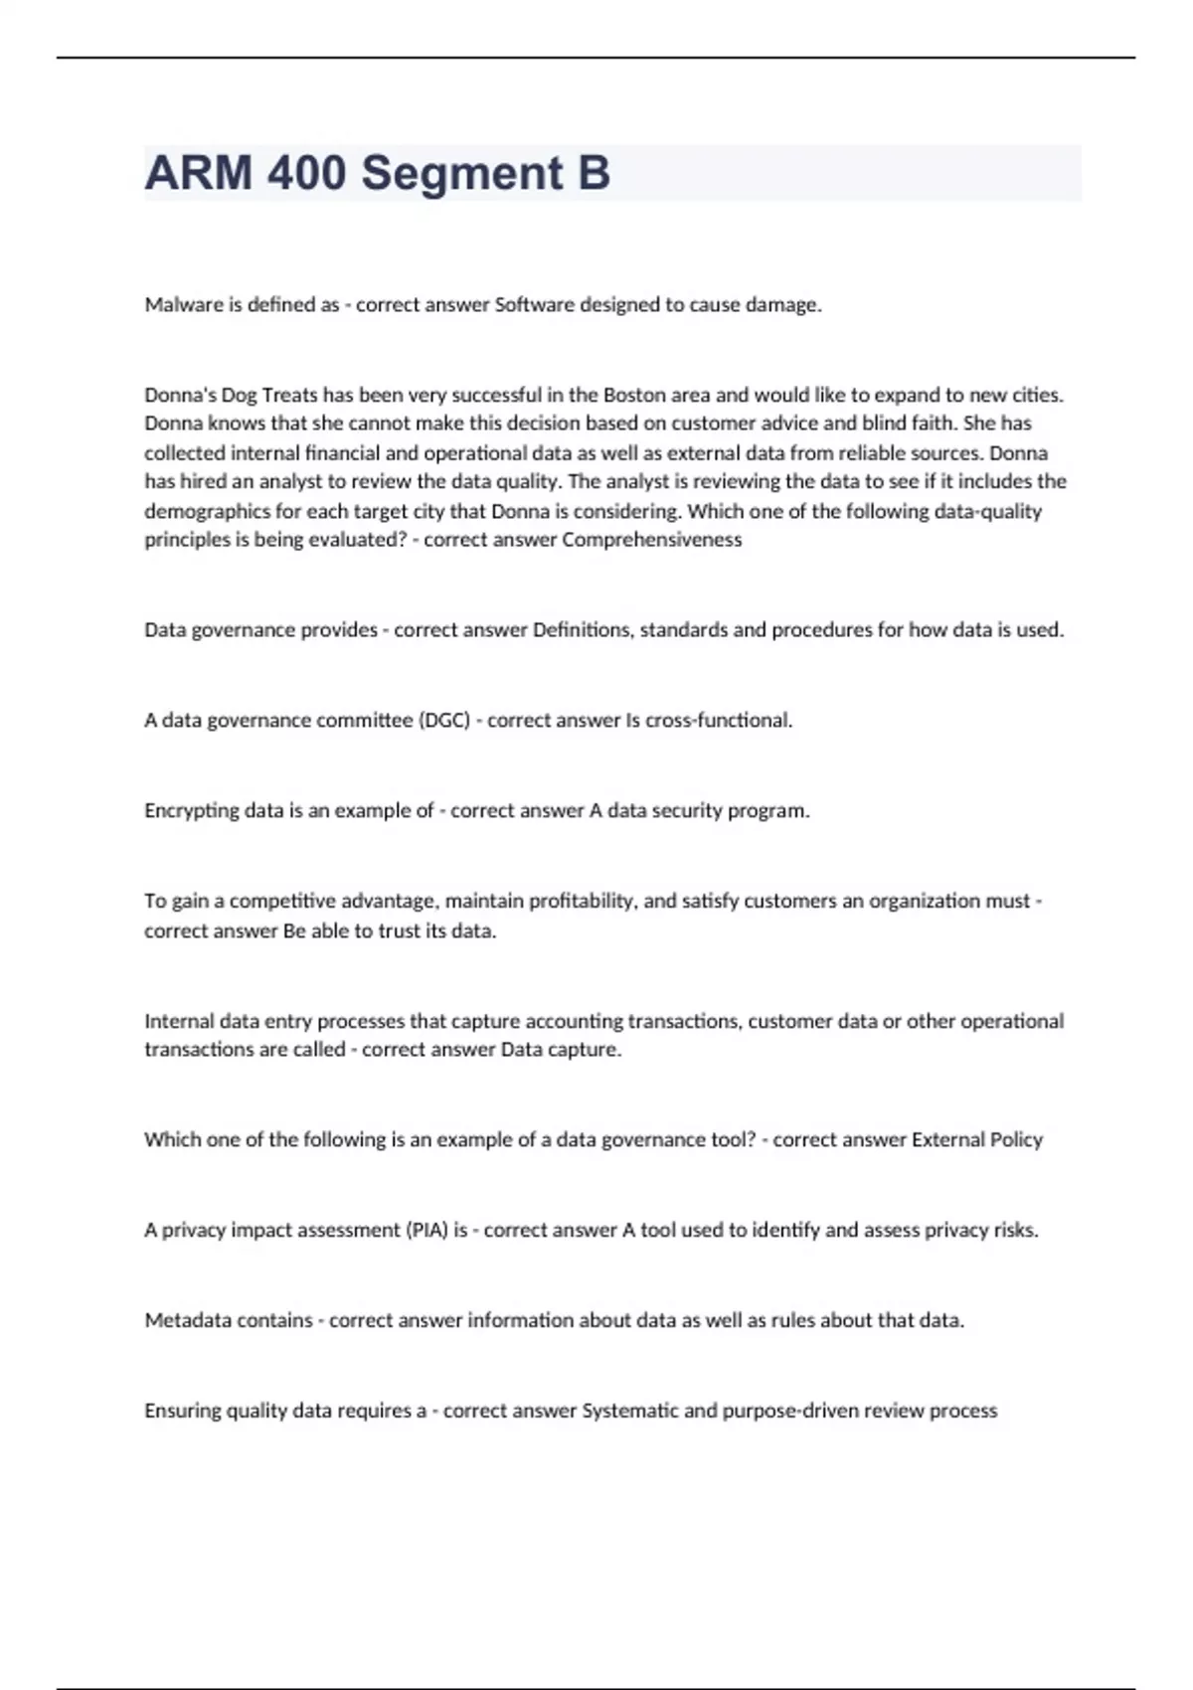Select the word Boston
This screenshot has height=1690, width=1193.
(x=634, y=395)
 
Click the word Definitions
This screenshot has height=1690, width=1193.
(x=583, y=630)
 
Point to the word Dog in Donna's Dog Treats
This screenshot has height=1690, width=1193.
(x=239, y=395)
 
